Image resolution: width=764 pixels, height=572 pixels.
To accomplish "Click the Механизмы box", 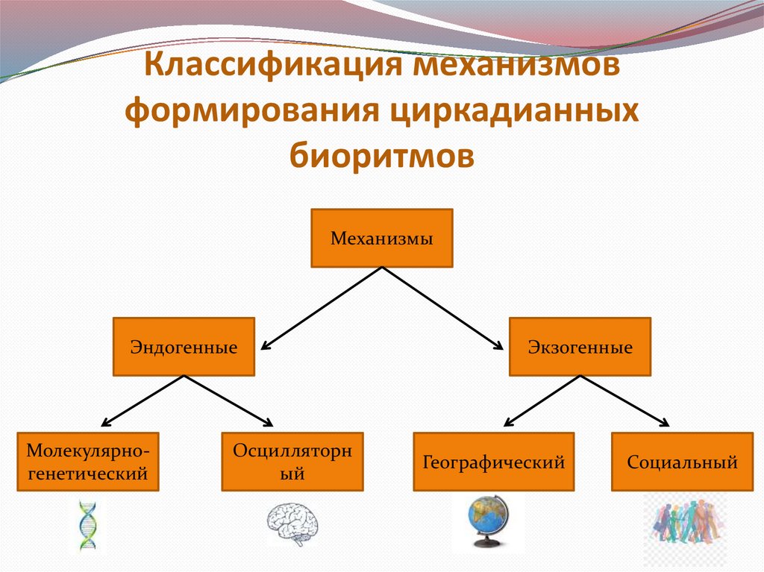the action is point(382,239).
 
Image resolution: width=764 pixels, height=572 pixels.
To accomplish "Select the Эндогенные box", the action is point(184,346).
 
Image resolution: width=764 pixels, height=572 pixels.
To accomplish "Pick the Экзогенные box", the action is point(580,346).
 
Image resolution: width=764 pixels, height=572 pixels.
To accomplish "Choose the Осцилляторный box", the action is point(292,461).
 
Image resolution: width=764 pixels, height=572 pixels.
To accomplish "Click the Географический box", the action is point(493,461).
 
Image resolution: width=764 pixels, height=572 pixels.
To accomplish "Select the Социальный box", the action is point(682,461).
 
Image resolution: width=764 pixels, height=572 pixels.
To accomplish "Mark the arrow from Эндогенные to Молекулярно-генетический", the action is point(143,400).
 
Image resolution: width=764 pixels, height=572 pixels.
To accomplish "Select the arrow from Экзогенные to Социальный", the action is point(625,400).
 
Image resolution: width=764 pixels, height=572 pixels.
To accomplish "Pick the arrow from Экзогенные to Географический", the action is point(542,400).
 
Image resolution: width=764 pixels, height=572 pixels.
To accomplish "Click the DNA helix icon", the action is point(88,526).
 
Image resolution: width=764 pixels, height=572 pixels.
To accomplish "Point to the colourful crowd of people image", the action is point(684,526).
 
